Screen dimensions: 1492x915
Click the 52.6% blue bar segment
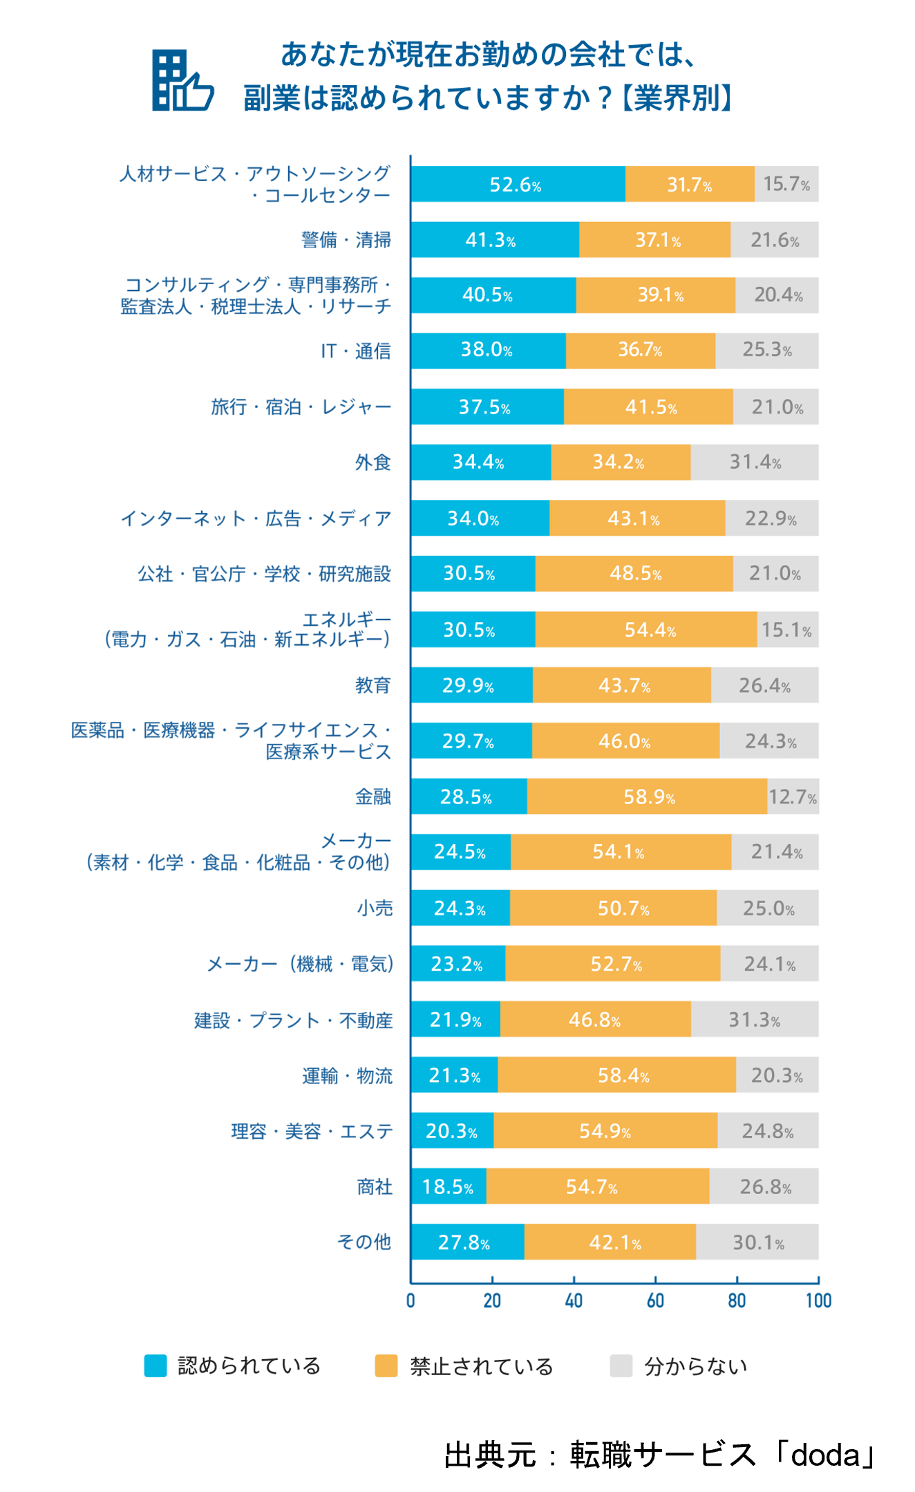click(x=518, y=185)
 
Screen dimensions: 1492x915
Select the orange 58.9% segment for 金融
click(x=647, y=796)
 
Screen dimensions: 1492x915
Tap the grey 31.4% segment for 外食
click(x=754, y=463)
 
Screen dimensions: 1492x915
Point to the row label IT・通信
click(x=355, y=351)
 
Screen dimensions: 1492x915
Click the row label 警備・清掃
click(x=346, y=240)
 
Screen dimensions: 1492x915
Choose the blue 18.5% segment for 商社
click(x=449, y=1186)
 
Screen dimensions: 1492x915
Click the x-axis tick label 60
click(x=655, y=1301)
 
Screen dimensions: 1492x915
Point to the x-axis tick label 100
click(x=818, y=1301)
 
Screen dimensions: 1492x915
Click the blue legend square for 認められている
click(x=155, y=1366)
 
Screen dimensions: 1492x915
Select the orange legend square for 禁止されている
click(x=386, y=1366)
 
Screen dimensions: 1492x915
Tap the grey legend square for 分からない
click(x=621, y=1366)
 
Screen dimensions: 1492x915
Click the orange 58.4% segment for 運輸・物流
click(x=616, y=1075)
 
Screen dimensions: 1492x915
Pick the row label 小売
click(x=375, y=908)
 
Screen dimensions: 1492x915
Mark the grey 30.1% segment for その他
click(x=757, y=1242)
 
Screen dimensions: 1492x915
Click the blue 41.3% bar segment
click(x=495, y=240)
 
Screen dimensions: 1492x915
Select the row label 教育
click(x=373, y=685)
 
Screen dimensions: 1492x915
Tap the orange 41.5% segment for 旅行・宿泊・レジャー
click(x=648, y=407)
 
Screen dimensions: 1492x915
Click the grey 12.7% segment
click(x=793, y=796)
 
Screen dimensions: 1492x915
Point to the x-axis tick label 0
click(x=411, y=1301)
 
